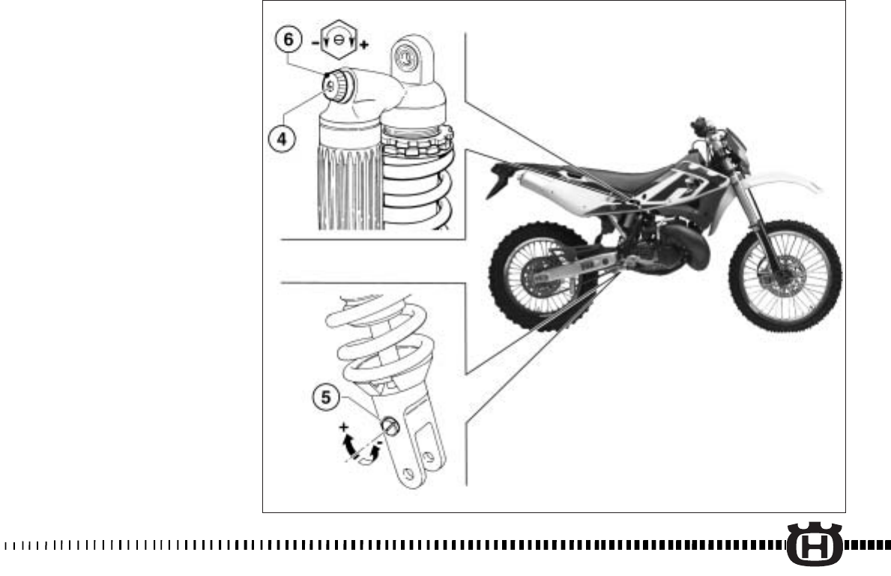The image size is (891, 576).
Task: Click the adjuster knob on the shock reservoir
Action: click(333, 87)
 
